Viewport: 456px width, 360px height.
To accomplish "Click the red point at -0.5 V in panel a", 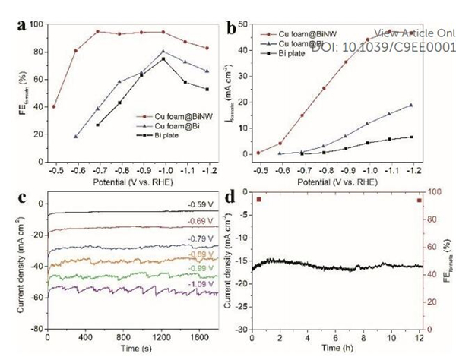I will pos(53,106).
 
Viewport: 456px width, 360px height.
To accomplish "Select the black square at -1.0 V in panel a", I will pos(163,58).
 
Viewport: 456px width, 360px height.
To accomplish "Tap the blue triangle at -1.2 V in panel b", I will pos(432,105).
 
